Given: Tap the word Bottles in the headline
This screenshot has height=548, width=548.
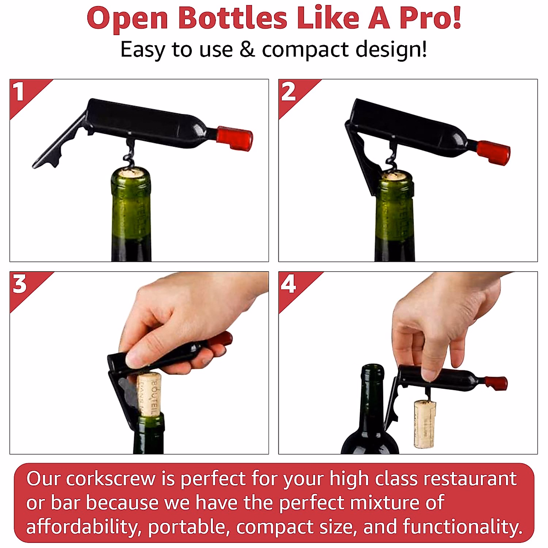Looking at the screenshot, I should point(232,18).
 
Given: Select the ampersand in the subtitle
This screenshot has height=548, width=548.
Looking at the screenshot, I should point(247,49).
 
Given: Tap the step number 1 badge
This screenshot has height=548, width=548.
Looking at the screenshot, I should point(19,92).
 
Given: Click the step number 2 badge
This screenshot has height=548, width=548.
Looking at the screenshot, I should point(288,92).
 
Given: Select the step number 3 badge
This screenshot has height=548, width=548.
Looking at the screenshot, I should point(20,284).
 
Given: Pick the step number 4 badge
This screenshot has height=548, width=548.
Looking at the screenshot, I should point(288,284).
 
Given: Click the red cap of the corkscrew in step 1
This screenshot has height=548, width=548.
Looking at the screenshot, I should point(235,138).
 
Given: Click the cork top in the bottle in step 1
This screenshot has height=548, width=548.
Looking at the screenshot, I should point(131,173).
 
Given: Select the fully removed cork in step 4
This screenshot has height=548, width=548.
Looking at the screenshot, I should point(425,423).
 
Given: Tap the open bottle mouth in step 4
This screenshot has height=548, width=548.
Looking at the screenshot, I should point(372,368).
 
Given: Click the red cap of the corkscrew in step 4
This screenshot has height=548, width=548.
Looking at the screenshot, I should point(496,383).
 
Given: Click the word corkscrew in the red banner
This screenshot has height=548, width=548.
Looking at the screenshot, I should point(111,479).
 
